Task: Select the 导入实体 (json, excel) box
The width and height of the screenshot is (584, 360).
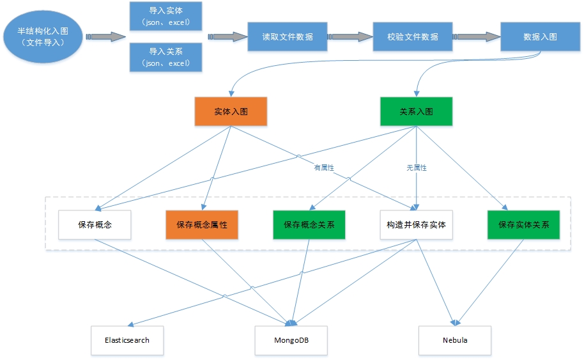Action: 165,16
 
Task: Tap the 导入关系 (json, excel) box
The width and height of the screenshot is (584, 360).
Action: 165,56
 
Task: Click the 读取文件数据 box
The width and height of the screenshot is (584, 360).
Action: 288,36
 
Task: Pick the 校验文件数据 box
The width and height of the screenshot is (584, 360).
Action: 412,36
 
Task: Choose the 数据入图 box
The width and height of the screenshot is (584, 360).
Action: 540,36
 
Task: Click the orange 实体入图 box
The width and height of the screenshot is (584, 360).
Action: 231,111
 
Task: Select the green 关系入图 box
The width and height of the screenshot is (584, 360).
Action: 416,111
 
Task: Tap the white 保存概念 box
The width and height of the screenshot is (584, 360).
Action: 95,225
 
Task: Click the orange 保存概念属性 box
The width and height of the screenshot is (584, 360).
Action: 202,225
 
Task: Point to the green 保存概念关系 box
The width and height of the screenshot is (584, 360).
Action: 309,225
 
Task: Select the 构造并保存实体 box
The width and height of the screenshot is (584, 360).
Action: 416,225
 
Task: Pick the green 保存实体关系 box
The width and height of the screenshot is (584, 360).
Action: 524,225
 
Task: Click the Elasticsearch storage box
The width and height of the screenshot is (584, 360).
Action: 127,340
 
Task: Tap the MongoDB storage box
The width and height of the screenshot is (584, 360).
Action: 291,340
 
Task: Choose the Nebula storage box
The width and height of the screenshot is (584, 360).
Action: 455,340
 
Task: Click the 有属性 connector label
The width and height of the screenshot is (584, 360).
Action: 324,168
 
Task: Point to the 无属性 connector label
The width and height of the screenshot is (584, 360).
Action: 417,168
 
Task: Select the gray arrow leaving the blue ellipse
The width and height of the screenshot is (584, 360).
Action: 105,36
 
